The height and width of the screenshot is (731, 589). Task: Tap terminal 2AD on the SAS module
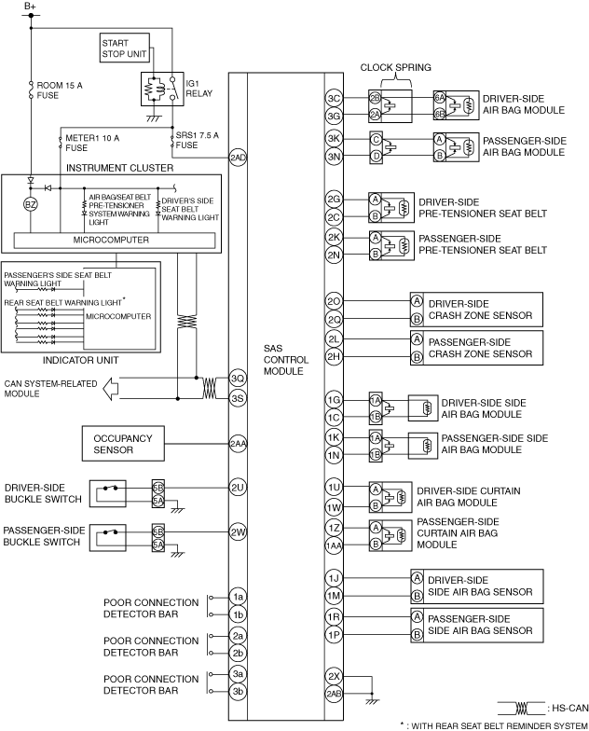(238, 158)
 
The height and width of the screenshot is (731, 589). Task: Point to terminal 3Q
(238, 379)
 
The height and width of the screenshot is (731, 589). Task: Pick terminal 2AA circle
(238, 444)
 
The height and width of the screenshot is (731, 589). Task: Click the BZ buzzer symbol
(31, 204)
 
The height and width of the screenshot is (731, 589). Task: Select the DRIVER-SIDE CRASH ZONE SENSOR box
(473, 310)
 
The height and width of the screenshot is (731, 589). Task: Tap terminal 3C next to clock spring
(334, 98)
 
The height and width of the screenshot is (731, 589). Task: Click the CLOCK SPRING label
(404, 68)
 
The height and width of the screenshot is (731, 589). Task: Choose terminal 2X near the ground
(334, 676)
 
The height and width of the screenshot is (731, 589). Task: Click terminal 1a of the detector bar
(238, 596)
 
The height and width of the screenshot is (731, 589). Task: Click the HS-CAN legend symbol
(522, 708)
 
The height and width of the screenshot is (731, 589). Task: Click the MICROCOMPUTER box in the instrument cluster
(111, 241)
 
